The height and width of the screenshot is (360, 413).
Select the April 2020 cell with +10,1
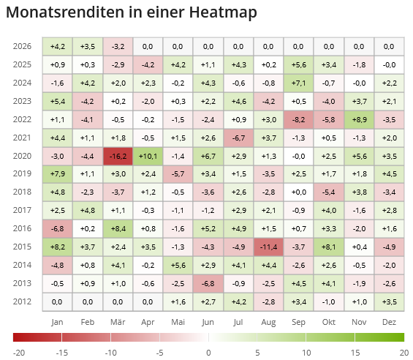148,156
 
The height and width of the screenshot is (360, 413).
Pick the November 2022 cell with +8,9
359,119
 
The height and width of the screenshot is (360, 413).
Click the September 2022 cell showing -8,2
298,119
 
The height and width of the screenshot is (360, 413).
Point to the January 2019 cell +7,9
58,174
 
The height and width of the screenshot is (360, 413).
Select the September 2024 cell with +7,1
298,83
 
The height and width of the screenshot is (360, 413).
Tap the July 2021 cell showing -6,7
238,138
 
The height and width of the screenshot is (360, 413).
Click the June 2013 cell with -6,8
208,284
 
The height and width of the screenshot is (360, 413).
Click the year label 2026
22,46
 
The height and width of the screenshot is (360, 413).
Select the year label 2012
22,302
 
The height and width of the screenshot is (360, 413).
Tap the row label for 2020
22,156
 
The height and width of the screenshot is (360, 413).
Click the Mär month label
118,322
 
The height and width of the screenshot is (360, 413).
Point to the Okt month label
329,322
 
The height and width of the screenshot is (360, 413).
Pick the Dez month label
389,322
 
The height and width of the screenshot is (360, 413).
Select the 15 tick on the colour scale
355,352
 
